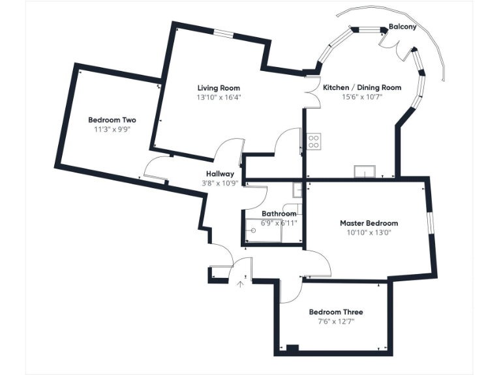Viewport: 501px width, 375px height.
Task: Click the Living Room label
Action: coord(219,88)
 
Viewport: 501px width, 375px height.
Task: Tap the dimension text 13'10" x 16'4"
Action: coord(219,98)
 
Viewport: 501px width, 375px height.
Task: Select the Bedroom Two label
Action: coord(112,120)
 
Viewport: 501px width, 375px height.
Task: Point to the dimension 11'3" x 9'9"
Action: coord(112,130)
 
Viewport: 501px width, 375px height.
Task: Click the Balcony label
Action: coord(402,27)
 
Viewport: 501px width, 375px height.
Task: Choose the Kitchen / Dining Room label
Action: coord(362,87)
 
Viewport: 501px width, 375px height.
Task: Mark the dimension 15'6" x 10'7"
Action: coord(362,97)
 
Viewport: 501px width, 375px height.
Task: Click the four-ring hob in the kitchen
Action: coord(313,141)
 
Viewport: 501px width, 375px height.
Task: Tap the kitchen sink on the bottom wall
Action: coord(364,172)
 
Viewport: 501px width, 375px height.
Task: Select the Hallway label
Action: coord(220,174)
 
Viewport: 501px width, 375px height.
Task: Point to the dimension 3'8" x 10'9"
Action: coord(220,184)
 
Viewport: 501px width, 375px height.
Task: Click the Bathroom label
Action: coord(279,214)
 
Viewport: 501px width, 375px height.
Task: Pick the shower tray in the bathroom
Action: coord(264,231)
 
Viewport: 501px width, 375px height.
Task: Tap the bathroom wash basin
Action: coord(297,190)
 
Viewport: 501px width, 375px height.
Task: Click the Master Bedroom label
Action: coord(369,223)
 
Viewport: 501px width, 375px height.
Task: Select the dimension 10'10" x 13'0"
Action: coord(369,232)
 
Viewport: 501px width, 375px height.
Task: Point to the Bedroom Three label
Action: coord(336,312)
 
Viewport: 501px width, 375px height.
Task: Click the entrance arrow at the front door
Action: coord(241,283)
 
